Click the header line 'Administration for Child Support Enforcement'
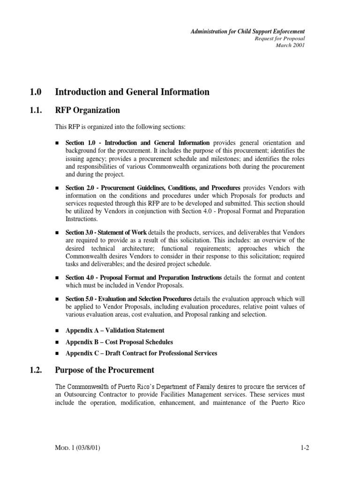pyautogui.click(x=247, y=31)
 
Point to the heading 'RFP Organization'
pyautogui.click(x=87, y=111)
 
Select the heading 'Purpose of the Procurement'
pyautogui.click(x=105, y=370)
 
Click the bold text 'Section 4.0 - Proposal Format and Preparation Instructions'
pyautogui.click(x=144, y=278)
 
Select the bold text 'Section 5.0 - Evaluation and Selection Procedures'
pyautogui.click(x=128, y=299)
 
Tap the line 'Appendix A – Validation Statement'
pyautogui.click(x=115, y=330)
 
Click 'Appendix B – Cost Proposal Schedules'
pyautogui.click(x=119, y=342)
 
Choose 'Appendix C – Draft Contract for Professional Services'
pyautogui.click(x=141, y=353)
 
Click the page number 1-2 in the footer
pyautogui.click(x=305, y=448)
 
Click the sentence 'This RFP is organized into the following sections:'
pyautogui.click(x=121, y=127)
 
